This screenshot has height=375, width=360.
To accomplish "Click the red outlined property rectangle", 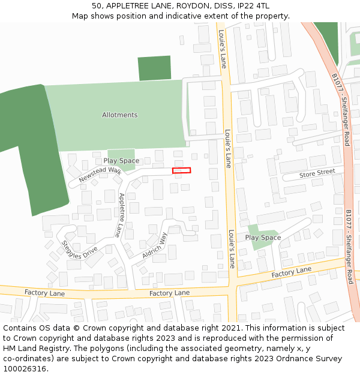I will pos(181,170).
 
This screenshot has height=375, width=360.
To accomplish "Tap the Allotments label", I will pos(119,115).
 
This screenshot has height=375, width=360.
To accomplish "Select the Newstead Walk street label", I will pos(100,174).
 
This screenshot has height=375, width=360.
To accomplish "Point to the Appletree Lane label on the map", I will pos(122,214).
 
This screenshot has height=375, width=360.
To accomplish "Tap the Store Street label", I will pos(317,173).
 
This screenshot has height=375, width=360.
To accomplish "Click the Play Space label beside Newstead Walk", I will pos(121,161).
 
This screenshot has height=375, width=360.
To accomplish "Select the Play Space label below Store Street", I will pos(263,238).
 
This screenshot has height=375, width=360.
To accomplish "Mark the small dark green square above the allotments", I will pos(154,68).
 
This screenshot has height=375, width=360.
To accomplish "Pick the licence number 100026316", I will pos(25,369).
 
